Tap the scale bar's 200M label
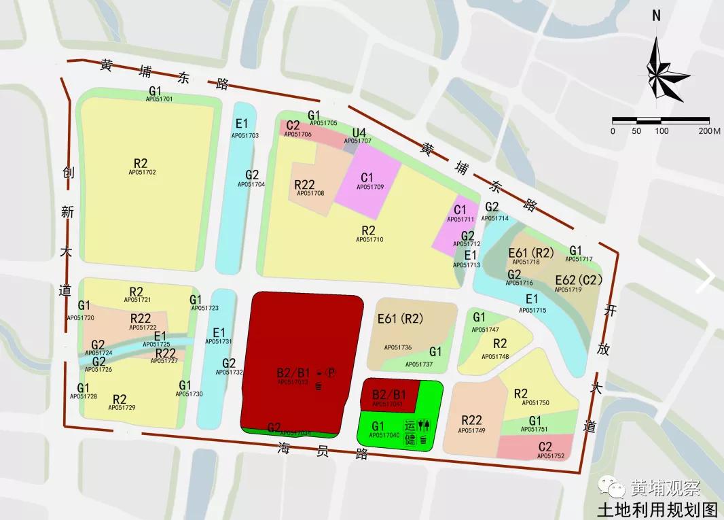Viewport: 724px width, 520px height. point(709,131)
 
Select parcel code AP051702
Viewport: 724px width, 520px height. point(141,172)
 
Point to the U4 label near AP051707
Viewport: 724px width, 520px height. point(359,132)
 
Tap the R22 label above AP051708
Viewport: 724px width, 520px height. point(304,184)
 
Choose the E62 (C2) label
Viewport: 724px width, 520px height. point(578,280)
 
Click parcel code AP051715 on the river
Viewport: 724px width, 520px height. point(532,310)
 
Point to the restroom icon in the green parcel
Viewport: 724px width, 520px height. point(424,425)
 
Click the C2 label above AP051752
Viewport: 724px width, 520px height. point(545,447)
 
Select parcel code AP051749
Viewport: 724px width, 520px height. point(471,430)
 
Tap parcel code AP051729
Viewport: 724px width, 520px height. point(122,407)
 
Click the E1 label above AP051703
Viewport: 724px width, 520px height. point(242,124)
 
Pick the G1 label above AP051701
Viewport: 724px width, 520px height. point(156,90)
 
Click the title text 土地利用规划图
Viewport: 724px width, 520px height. point(656,509)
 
